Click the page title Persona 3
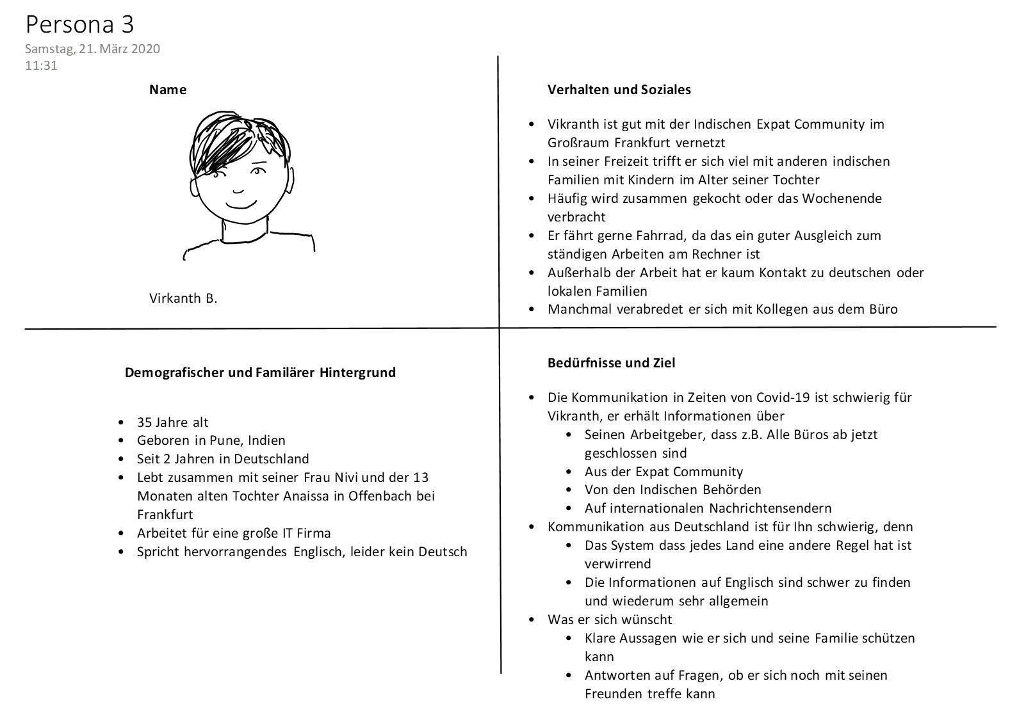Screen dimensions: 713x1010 (79, 24)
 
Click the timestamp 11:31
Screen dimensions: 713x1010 (41, 65)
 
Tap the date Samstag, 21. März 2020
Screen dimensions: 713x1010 (92, 49)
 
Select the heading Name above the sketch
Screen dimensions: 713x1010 (168, 90)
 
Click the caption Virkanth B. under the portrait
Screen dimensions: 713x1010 (183, 298)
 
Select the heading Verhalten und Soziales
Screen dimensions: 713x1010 (619, 90)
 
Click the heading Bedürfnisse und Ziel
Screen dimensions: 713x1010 (611, 363)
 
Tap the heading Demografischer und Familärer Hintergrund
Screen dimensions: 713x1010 (260, 373)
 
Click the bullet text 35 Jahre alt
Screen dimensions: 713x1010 (172, 422)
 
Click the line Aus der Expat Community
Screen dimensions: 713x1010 (664, 472)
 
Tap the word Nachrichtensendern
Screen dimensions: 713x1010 (770, 508)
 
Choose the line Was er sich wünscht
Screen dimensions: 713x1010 (610, 620)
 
